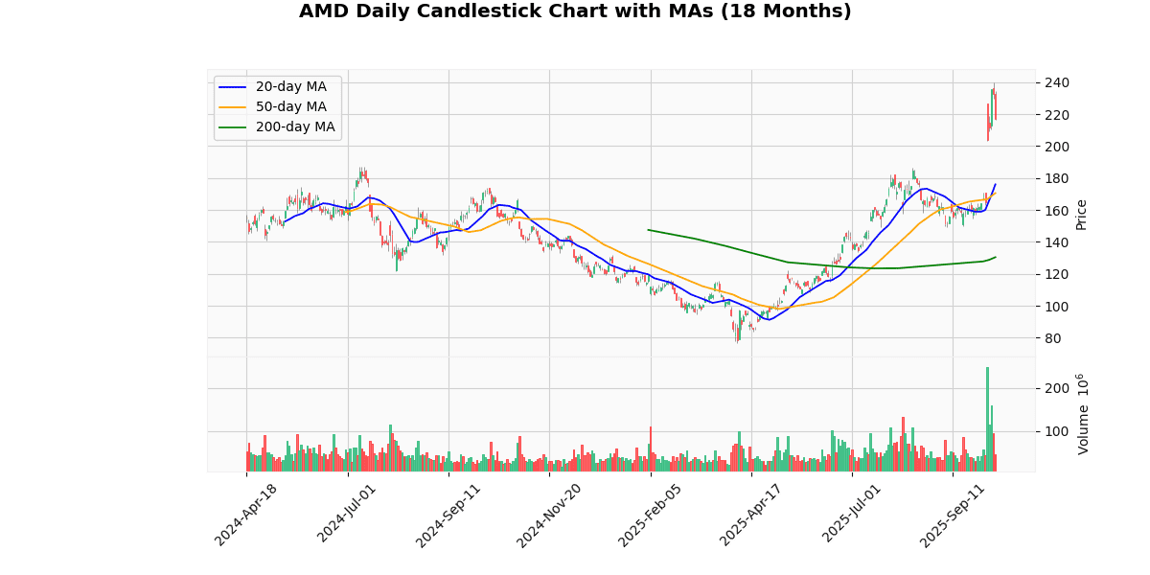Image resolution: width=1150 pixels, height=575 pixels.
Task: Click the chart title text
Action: point(575,11)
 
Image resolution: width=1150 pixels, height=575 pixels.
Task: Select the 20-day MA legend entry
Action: point(290,87)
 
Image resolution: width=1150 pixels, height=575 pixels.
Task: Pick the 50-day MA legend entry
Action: point(290,107)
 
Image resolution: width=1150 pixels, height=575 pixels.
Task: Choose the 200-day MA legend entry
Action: point(294,127)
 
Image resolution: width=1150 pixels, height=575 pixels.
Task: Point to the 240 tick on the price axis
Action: point(1056,83)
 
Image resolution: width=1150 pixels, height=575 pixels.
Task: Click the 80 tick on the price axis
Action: point(1052,338)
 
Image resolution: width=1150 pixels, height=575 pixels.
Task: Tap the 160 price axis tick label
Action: point(1056,211)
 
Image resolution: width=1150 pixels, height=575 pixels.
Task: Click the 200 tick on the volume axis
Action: point(1056,388)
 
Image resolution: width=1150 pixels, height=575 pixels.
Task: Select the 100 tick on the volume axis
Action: point(1056,431)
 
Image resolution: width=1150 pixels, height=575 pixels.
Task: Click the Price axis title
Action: point(1082,214)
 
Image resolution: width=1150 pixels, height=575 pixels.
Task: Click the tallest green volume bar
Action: point(987,419)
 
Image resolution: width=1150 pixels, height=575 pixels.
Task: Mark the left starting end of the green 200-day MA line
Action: point(649,230)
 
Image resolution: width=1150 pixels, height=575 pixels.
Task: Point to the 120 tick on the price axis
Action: point(1056,275)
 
